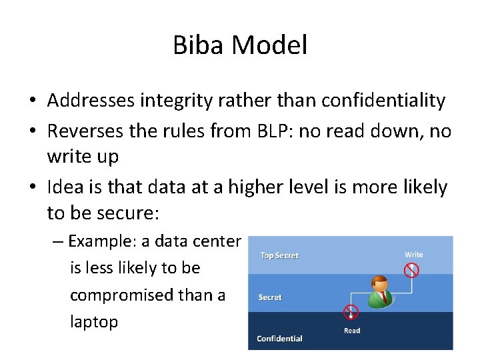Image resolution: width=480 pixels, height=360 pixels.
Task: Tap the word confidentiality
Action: coord(383,101)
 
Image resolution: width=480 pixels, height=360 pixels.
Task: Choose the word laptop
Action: coord(94,322)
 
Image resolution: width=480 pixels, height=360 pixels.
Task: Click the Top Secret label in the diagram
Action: coord(279,255)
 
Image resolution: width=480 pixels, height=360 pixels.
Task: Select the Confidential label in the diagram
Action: coord(279,339)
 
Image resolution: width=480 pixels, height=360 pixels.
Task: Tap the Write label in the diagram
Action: coord(413,255)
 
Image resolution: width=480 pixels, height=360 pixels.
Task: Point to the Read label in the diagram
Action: coord(352,331)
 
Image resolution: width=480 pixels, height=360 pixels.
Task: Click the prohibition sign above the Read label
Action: coord(351,312)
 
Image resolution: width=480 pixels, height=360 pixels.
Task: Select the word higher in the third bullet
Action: coord(257,187)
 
